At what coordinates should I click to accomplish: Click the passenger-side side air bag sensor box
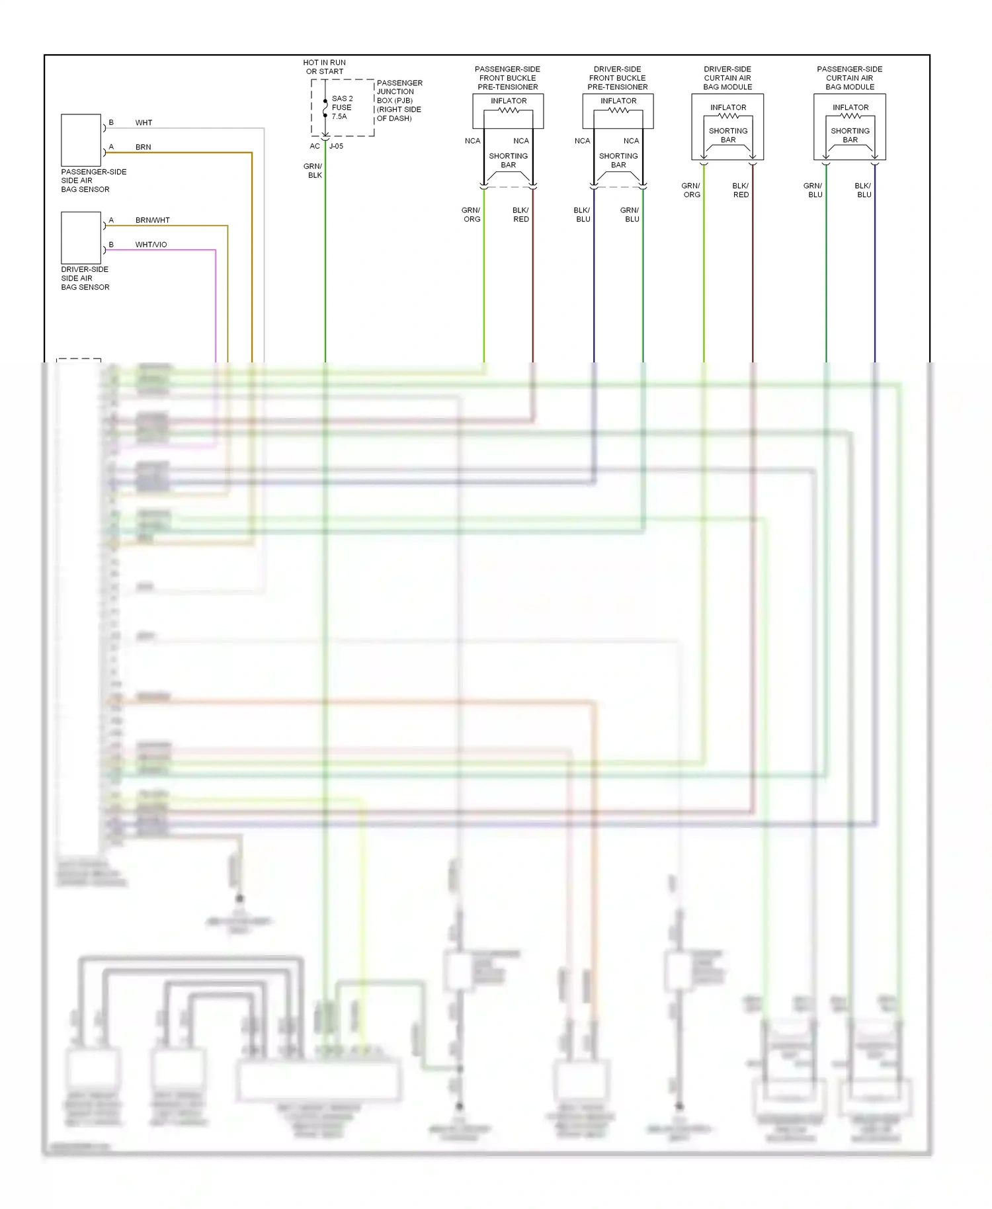(81, 140)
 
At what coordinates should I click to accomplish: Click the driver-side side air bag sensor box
(81, 237)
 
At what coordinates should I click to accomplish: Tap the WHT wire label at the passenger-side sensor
(144, 123)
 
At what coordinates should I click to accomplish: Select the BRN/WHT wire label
(152, 220)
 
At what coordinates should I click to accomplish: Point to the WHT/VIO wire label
(151, 245)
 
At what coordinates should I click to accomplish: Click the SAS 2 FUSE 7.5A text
(342, 108)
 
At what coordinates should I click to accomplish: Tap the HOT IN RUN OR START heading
(324, 67)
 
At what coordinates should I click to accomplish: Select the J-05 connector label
(336, 146)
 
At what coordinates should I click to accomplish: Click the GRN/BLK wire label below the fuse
(313, 171)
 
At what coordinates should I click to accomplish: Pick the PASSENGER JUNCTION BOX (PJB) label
(399, 101)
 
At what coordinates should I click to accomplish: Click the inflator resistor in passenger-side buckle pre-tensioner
(509, 110)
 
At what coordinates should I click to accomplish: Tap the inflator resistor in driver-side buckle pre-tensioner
(618, 110)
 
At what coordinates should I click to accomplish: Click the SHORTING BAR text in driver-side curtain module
(728, 136)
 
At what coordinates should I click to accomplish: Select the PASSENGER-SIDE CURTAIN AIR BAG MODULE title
(850, 78)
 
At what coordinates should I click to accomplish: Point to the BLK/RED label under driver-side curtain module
(741, 190)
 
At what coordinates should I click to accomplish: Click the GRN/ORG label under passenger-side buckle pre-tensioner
(472, 215)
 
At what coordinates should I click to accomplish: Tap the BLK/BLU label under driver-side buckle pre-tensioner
(582, 215)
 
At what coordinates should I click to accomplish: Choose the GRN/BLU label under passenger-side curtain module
(813, 190)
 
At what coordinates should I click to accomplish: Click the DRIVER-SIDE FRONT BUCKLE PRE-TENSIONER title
(618, 78)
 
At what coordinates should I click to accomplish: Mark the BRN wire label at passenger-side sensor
(143, 147)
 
